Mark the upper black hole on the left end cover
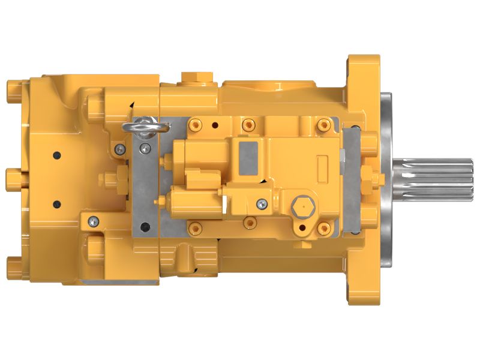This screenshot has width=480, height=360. point(57,155)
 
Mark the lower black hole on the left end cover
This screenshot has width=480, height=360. point(57,203)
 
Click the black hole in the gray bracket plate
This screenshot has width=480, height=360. point(144,227)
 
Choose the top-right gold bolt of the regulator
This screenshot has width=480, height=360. point(325,125)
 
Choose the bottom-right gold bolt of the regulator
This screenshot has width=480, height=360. point(325,227)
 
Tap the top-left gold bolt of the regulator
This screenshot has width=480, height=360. point(194,125)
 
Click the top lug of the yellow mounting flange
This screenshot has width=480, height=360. point(364,66)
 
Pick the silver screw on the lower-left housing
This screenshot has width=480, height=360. point(92,221)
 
